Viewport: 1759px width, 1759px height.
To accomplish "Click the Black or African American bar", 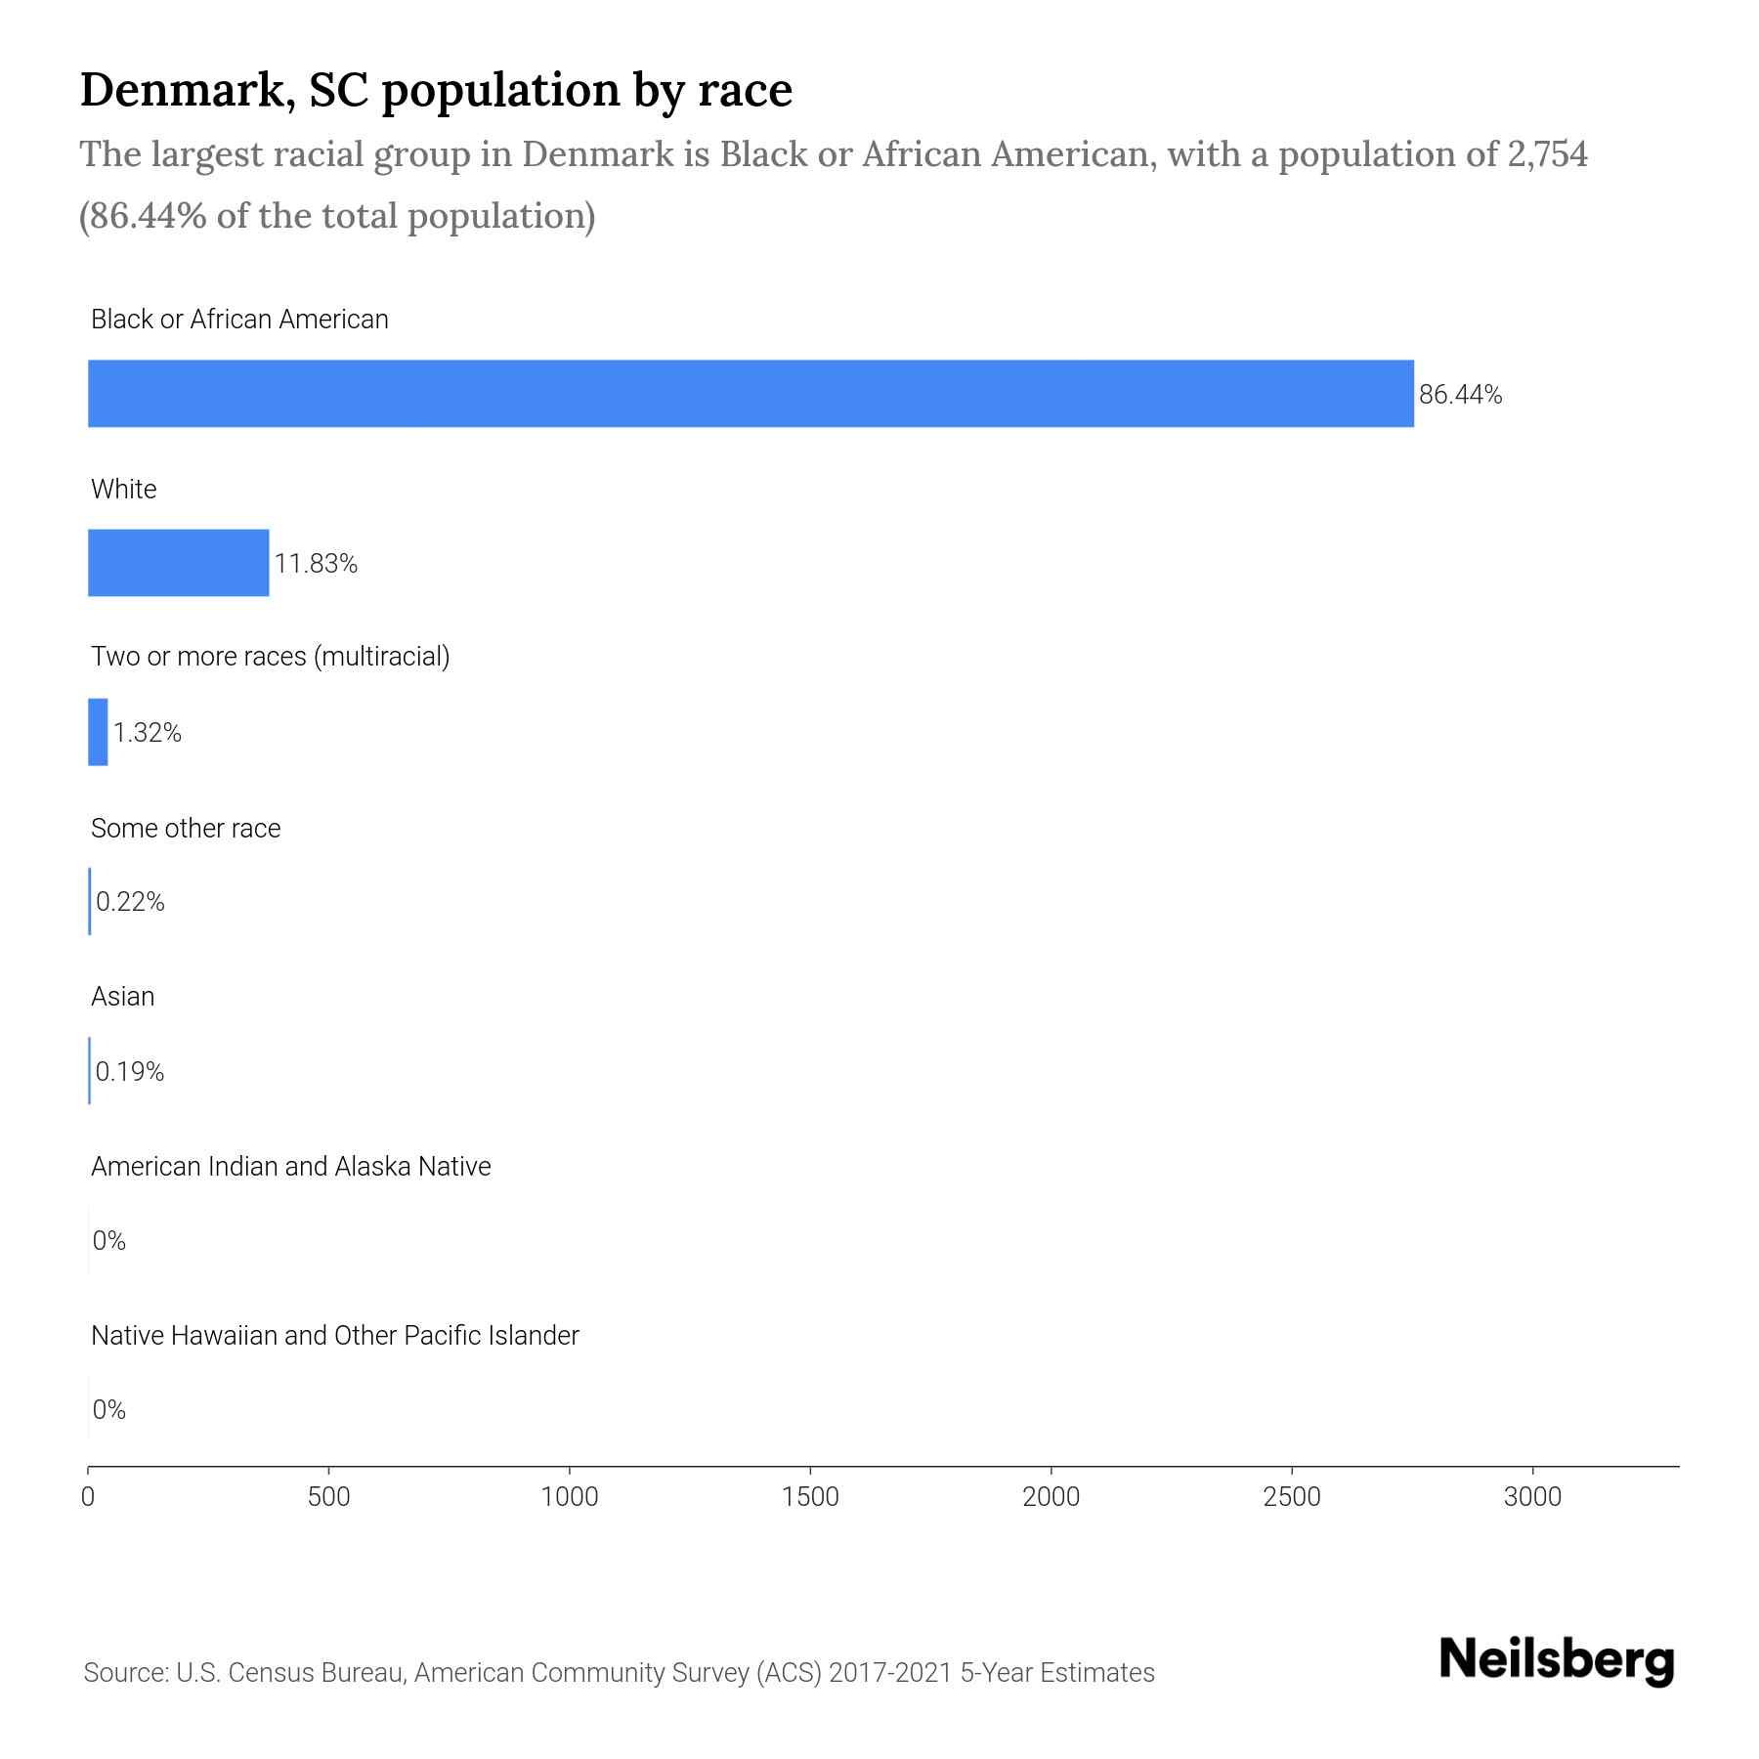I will (x=751, y=394).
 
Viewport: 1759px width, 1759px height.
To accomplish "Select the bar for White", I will (x=178, y=563).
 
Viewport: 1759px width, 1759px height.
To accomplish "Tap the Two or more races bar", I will (x=98, y=732).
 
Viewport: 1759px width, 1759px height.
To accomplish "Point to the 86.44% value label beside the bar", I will (x=1460, y=395).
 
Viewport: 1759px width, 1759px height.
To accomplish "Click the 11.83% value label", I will (x=316, y=564).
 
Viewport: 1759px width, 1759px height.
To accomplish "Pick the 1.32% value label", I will (x=148, y=733).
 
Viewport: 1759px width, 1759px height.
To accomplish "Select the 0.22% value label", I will (x=130, y=902).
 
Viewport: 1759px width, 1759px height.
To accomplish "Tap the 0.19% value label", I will (x=130, y=1072).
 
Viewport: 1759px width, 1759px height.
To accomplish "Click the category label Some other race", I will (x=186, y=829).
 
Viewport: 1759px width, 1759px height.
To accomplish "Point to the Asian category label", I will (x=123, y=997).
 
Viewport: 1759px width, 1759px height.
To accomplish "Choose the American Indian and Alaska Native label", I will (x=290, y=1167).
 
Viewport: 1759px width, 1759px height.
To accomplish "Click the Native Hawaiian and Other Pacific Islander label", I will (x=334, y=1336).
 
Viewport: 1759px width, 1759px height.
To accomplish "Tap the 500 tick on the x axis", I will (x=328, y=1497).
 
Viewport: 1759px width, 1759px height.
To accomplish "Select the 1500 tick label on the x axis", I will (x=810, y=1497).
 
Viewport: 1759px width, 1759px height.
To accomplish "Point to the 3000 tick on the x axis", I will (x=1532, y=1497).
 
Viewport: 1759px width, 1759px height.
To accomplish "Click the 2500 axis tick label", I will (x=1292, y=1497).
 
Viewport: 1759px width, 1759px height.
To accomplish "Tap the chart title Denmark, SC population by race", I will (x=436, y=90).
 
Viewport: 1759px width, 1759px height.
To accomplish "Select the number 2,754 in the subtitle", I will (x=1547, y=154).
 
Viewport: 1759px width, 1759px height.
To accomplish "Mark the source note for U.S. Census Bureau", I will (x=619, y=1673).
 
